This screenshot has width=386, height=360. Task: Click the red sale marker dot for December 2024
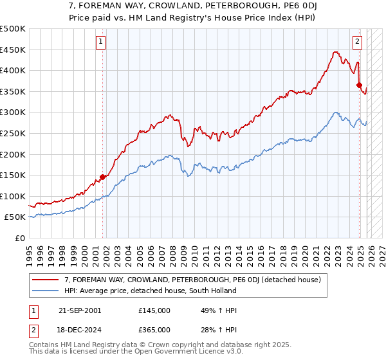tap(359, 85)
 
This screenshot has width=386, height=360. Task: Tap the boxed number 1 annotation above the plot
tap(101, 42)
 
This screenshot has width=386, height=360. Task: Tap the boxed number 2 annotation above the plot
tap(358, 42)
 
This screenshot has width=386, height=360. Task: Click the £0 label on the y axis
tap(19, 238)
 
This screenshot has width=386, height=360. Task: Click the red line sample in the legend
tap(46, 279)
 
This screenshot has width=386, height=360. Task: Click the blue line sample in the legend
tap(46, 291)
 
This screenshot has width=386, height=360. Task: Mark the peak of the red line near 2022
tap(335, 52)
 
